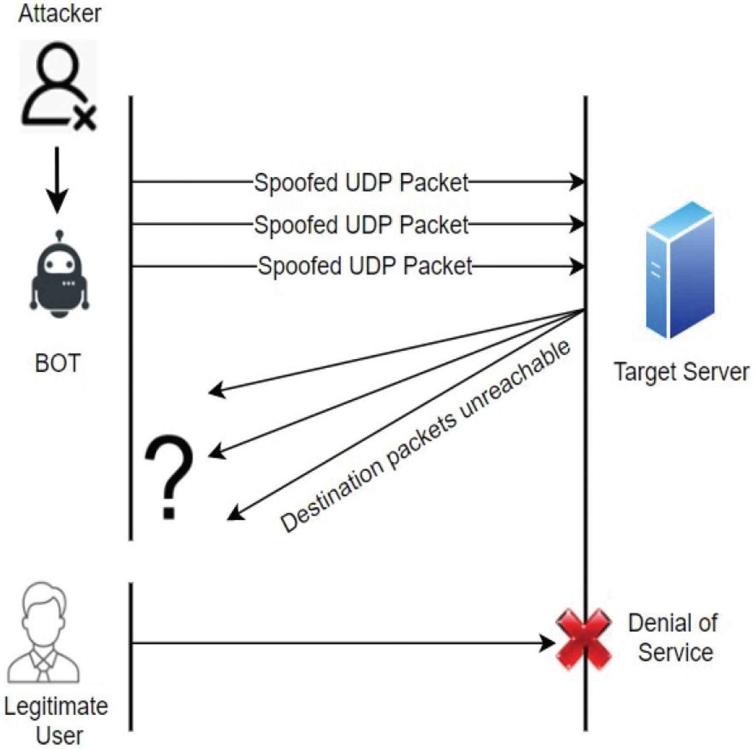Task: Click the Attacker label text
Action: (60, 13)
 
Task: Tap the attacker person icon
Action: (57, 86)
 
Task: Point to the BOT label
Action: (57, 363)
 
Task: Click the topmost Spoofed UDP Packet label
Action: (361, 183)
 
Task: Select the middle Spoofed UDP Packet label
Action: (361, 225)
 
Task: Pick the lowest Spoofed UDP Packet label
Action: (365, 266)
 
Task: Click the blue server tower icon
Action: (680, 270)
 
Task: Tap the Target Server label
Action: (681, 372)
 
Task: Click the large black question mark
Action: (169, 477)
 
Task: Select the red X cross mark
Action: (584, 639)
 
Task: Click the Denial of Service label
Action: (674, 637)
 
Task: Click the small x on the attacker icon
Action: (86, 117)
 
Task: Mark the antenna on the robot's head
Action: (59, 236)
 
